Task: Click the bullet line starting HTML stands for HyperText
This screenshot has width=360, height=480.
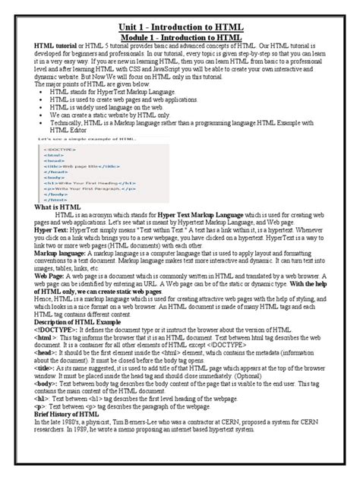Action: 114,111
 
